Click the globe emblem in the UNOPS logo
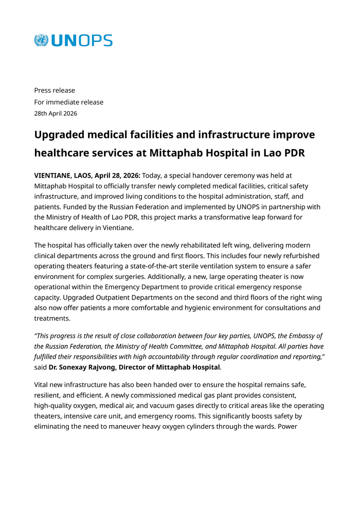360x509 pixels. click(x=41, y=41)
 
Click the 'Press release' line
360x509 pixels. click(x=55, y=91)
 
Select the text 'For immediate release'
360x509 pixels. click(x=69, y=102)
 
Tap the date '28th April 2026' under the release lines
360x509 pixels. click(x=56, y=113)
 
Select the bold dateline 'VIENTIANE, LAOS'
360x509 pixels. click(x=63, y=175)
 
